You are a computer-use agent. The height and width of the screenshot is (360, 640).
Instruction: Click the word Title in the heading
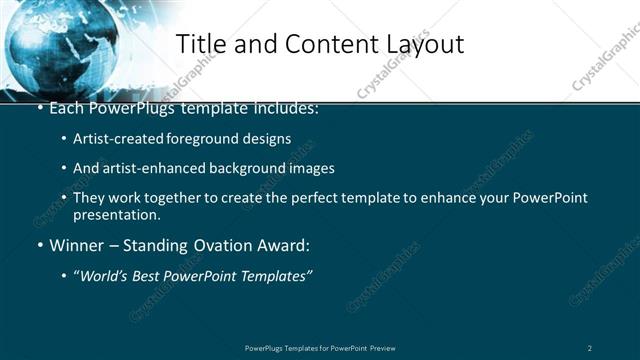(x=200, y=44)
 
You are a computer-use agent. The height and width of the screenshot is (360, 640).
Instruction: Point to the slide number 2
(x=590, y=348)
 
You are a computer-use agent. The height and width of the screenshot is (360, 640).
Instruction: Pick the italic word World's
(x=106, y=275)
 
